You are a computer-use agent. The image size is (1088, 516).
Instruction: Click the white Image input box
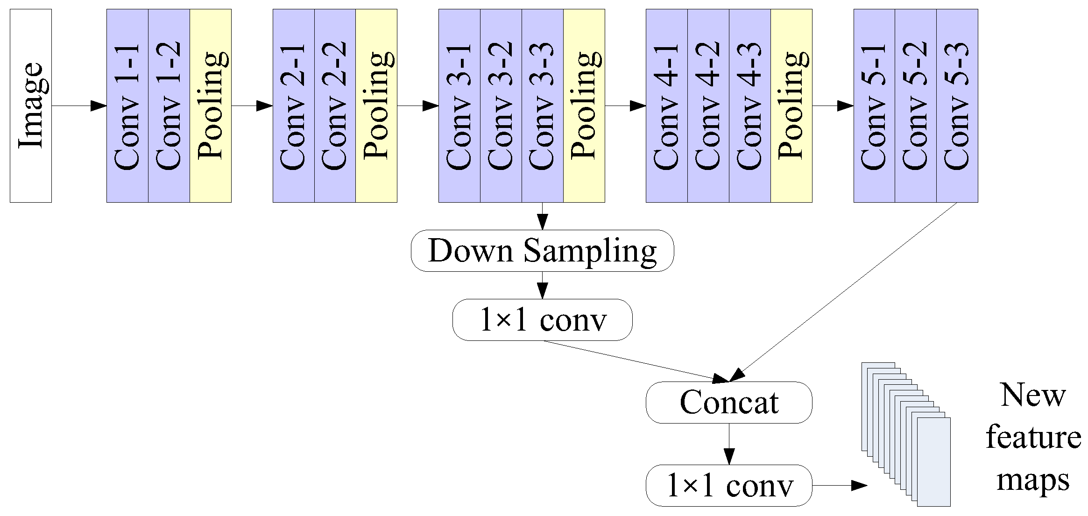point(31,106)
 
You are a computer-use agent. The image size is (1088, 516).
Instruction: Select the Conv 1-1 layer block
point(127,106)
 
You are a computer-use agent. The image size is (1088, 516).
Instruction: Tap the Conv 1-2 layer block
point(169,106)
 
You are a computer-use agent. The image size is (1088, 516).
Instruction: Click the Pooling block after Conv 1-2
point(211,106)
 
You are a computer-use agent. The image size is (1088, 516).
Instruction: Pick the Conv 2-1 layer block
point(294,106)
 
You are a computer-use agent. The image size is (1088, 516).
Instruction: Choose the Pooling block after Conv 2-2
point(376,106)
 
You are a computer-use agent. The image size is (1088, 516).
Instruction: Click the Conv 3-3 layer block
point(543,106)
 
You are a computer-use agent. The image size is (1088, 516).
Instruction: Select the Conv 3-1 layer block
point(459,106)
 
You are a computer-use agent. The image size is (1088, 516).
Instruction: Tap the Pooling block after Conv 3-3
point(584,106)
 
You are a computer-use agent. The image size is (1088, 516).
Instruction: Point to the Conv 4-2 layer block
point(708,106)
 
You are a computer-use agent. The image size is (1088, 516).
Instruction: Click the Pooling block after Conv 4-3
point(791,106)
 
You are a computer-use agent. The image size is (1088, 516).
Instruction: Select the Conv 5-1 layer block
point(874,106)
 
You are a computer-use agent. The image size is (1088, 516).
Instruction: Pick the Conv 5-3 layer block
point(957,106)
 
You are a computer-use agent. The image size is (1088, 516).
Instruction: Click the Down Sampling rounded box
point(543,251)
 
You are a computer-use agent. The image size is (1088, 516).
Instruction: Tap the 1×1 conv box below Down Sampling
point(543,320)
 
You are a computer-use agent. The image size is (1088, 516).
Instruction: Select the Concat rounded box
point(729,403)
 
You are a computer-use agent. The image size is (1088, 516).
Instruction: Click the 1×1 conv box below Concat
point(729,485)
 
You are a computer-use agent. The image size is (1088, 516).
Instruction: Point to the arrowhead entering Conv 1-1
point(99,106)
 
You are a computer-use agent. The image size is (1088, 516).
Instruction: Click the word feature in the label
point(1033,438)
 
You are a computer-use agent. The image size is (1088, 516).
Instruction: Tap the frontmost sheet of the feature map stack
point(934,462)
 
